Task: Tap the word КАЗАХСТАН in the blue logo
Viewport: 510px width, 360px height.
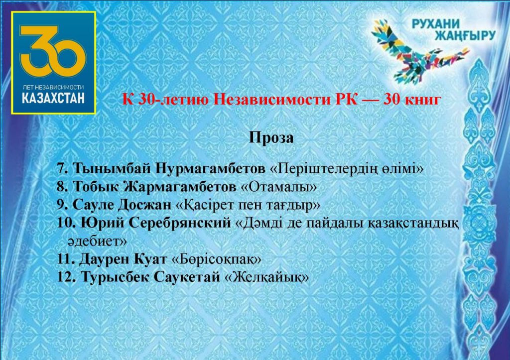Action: tap(53, 98)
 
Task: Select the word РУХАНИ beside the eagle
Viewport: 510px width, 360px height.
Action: tap(435, 23)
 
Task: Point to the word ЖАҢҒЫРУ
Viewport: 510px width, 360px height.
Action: tap(465, 35)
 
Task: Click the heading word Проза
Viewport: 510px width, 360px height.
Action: tap(271, 137)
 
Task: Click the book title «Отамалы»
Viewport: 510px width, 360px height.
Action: tap(278, 187)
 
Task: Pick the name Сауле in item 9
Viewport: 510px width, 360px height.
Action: tap(93, 205)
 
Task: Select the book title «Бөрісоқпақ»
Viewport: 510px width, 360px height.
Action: tap(216, 259)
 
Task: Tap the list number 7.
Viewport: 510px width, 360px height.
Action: tap(62, 168)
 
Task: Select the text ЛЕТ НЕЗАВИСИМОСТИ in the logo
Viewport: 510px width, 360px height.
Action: tap(53, 87)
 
